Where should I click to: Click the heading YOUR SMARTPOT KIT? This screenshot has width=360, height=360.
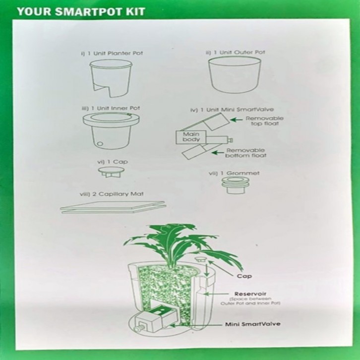[x=81, y=11]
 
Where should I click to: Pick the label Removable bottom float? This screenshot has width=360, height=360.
[x=245, y=153]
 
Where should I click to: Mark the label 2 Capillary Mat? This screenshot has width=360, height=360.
[x=108, y=194]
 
